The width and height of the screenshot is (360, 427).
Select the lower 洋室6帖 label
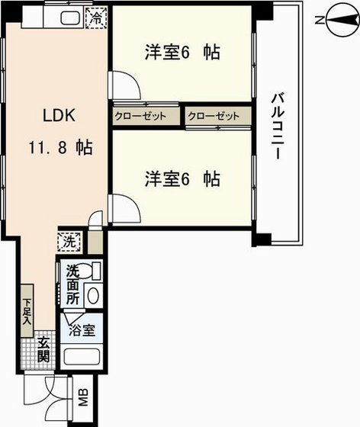[183, 179]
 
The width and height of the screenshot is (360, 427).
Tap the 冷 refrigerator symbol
[98, 16]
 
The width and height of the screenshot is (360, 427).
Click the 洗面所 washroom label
[72, 283]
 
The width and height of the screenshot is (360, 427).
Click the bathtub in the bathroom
[82, 358]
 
